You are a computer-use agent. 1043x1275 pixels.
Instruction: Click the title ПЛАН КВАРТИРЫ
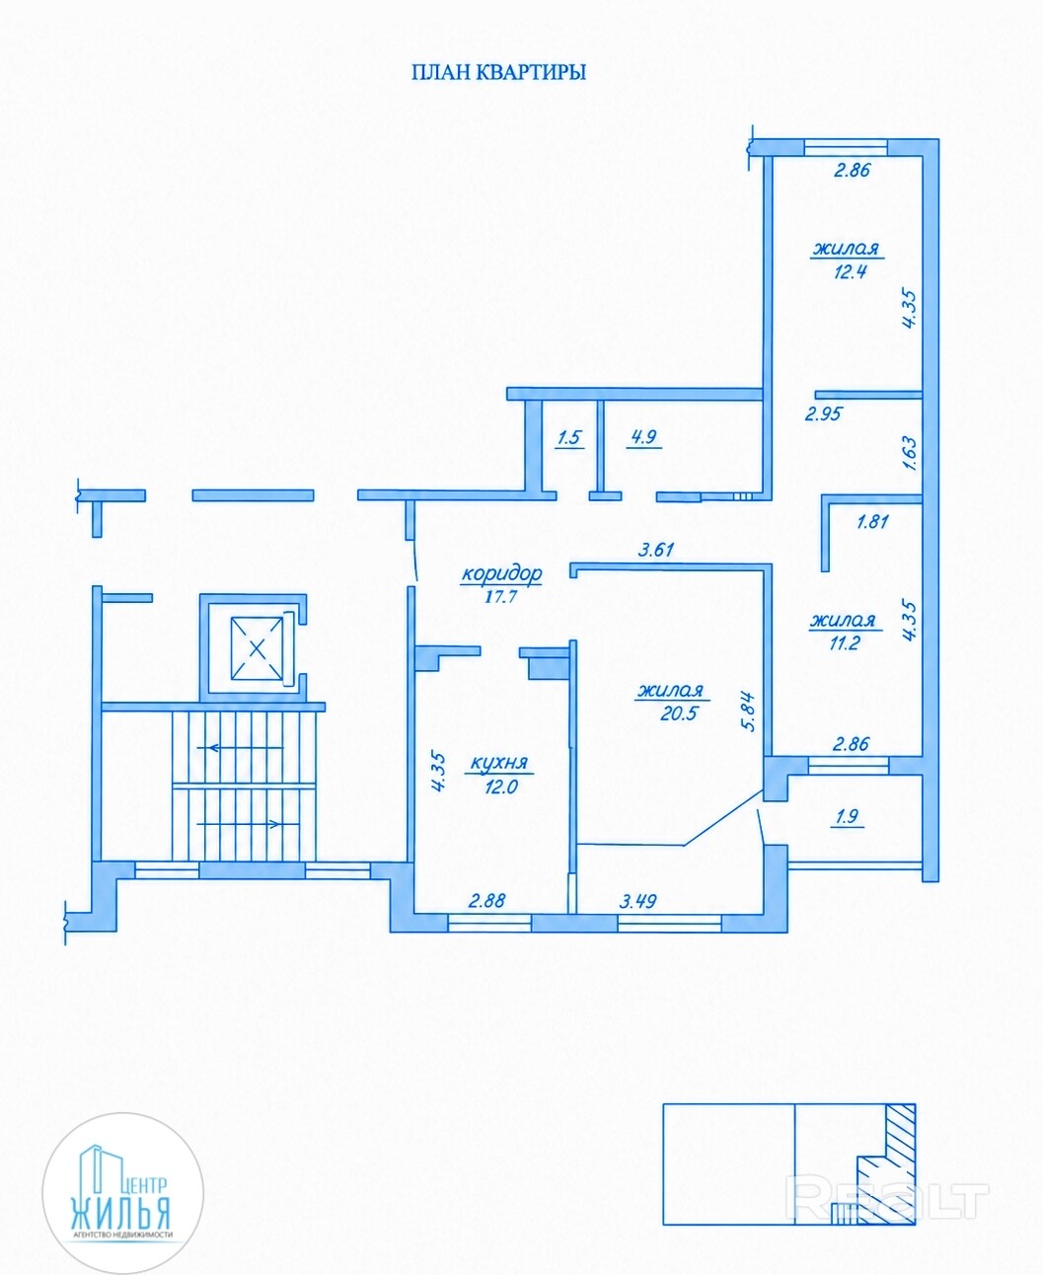coord(499,73)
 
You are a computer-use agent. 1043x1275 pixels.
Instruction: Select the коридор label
coord(502,573)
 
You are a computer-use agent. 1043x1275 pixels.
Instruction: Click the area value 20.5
coord(679,713)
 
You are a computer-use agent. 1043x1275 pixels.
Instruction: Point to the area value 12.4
coord(851,272)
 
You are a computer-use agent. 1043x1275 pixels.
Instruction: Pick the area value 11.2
coord(845,642)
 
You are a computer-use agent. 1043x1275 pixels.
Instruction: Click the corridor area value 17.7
coord(501,597)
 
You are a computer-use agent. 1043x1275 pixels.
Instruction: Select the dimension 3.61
coord(656,550)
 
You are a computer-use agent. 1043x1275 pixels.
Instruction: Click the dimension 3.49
coord(637,919)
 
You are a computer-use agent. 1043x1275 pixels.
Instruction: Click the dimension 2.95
coord(823,414)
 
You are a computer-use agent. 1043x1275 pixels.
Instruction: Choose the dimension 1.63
coord(910,453)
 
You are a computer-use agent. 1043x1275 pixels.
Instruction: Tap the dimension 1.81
coord(872,521)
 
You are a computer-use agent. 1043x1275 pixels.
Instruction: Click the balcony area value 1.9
coord(847,817)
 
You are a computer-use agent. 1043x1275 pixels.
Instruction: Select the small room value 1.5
coord(569,437)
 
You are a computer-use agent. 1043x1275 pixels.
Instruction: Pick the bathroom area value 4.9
coord(644,436)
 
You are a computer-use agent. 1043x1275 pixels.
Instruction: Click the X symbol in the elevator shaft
coord(257,648)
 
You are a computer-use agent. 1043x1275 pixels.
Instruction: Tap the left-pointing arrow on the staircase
coord(240,748)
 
